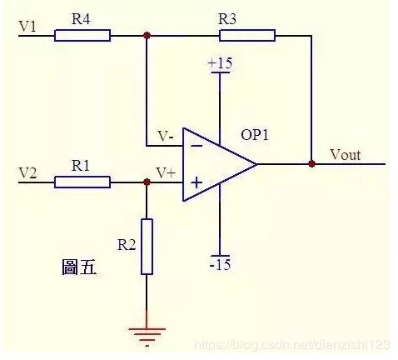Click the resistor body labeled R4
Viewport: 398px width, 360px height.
tap(82, 36)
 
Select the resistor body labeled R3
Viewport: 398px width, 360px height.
tap(247, 36)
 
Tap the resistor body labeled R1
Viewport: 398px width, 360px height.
tap(82, 182)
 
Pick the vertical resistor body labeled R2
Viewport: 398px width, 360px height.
tap(147, 247)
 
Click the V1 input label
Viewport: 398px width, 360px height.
tap(27, 27)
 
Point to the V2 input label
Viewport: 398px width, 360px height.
tap(27, 173)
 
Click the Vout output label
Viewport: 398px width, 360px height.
tap(346, 154)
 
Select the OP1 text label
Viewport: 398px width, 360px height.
tap(255, 135)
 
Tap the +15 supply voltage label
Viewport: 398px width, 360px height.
tap(220, 63)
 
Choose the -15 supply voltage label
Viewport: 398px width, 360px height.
tap(220, 264)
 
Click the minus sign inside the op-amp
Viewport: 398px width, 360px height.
tap(197, 146)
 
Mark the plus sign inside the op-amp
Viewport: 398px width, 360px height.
tap(197, 182)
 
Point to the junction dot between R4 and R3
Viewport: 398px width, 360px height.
tap(147, 35)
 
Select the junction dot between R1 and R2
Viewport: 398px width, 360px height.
tap(147, 182)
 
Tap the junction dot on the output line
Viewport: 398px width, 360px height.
tap(312, 164)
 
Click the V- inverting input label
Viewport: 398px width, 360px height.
tap(166, 136)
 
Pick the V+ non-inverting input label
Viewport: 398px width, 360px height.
tap(166, 172)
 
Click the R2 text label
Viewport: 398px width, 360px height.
tap(127, 245)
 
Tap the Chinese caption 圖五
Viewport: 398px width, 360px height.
tap(79, 267)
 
